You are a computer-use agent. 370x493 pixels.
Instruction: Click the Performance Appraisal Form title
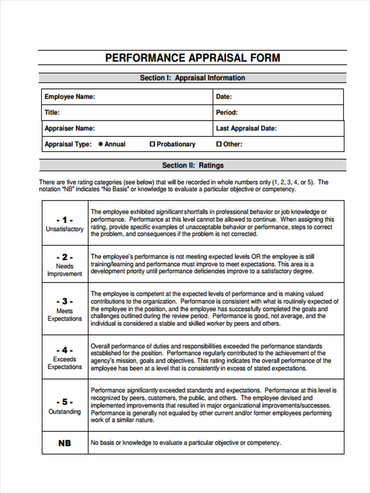click(x=192, y=58)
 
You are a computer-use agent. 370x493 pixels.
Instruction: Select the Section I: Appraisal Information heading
click(x=192, y=78)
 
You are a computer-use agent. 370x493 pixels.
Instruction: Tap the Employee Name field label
click(x=69, y=97)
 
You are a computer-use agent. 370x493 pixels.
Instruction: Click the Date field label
click(x=224, y=97)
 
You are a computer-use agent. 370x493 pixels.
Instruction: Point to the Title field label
click(x=52, y=113)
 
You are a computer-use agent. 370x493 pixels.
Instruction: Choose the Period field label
click(x=227, y=113)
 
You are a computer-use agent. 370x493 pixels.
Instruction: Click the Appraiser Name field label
click(x=69, y=129)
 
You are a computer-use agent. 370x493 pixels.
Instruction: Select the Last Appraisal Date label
click(x=246, y=129)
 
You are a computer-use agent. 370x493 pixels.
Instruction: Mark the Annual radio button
click(x=101, y=144)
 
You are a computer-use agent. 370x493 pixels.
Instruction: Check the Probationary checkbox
click(x=152, y=144)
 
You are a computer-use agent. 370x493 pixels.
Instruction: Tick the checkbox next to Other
click(x=219, y=144)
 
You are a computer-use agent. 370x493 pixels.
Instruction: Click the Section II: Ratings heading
click(x=192, y=166)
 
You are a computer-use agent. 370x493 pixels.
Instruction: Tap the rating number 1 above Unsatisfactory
click(x=65, y=220)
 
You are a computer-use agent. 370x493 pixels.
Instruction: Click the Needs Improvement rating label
click(x=65, y=270)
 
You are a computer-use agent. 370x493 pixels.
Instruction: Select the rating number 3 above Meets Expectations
click(x=65, y=302)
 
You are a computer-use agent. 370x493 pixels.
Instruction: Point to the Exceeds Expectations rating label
click(x=65, y=363)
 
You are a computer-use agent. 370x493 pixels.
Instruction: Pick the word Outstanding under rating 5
click(x=65, y=412)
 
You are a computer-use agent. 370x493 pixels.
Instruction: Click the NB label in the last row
click(x=65, y=443)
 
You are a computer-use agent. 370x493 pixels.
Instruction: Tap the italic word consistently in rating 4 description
click(x=203, y=369)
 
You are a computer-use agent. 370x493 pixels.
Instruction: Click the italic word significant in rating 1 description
click(x=169, y=212)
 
